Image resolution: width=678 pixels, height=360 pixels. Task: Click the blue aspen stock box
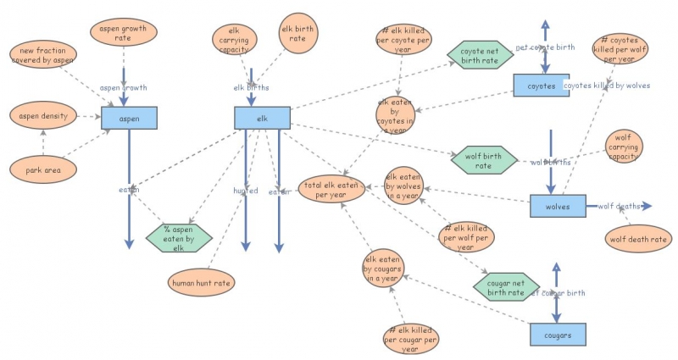130,118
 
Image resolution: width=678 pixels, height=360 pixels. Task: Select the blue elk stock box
262,118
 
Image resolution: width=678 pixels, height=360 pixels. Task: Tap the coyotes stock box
541,86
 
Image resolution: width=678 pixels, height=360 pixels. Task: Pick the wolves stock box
558,206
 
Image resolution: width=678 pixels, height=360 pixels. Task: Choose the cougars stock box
558,335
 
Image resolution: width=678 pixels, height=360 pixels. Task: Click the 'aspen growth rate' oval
124,34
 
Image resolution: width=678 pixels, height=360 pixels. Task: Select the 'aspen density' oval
42,114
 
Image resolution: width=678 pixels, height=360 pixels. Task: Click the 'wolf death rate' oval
637,239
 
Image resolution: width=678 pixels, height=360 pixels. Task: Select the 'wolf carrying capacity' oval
624,146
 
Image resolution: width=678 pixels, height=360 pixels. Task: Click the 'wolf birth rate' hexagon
484,159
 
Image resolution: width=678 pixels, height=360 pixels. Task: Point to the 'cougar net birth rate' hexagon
506,287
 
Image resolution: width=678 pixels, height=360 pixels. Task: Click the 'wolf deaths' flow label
619,206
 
